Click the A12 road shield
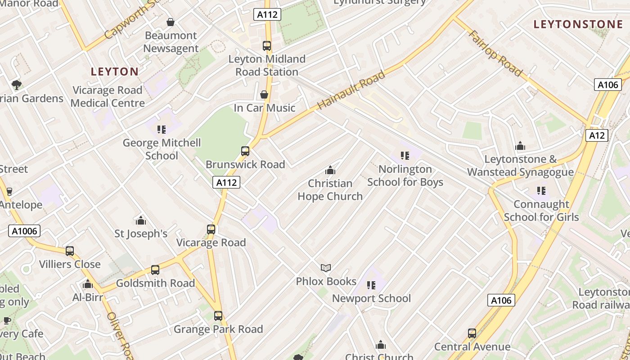click(x=597, y=135)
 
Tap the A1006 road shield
click(x=24, y=231)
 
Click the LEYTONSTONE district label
click(x=578, y=24)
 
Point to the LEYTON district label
click(x=115, y=72)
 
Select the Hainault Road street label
click(x=351, y=90)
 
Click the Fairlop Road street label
click(x=495, y=53)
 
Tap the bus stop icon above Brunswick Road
click(x=245, y=151)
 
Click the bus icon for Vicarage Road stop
click(x=211, y=229)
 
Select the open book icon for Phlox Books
click(x=326, y=268)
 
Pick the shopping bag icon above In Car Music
click(x=264, y=94)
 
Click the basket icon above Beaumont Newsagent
click(x=171, y=22)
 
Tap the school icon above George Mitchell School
click(x=162, y=130)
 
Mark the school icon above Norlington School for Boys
click(x=405, y=156)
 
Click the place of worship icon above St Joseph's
click(x=141, y=220)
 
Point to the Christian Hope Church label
click(x=330, y=190)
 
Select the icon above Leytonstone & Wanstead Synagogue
click(x=520, y=146)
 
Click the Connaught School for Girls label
click(x=541, y=211)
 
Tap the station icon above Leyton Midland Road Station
click(x=267, y=46)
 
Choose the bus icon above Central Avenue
click(x=472, y=333)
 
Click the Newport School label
click(x=371, y=298)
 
